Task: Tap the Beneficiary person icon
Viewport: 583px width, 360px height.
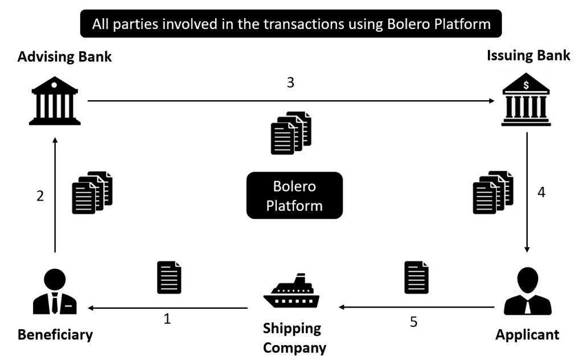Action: [55, 292]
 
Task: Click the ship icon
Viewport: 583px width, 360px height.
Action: [291, 291]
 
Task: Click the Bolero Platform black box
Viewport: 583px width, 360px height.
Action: [294, 195]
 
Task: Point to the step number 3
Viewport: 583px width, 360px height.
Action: [290, 83]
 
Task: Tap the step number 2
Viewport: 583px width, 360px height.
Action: [40, 196]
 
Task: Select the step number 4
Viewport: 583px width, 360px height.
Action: [541, 192]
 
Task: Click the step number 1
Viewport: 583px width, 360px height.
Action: [167, 318]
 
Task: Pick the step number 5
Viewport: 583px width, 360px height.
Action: [413, 322]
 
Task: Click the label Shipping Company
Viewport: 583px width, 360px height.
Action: [294, 338]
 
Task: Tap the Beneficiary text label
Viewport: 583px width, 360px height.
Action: [55, 334]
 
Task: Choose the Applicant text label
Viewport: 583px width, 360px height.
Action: [527, 334]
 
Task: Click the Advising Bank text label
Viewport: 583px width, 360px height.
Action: [64, 57]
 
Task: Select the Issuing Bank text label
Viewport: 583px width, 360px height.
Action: [528, 55]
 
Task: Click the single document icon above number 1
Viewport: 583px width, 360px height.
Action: [169, 277]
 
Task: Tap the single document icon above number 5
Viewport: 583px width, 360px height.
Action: [416, 277]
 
